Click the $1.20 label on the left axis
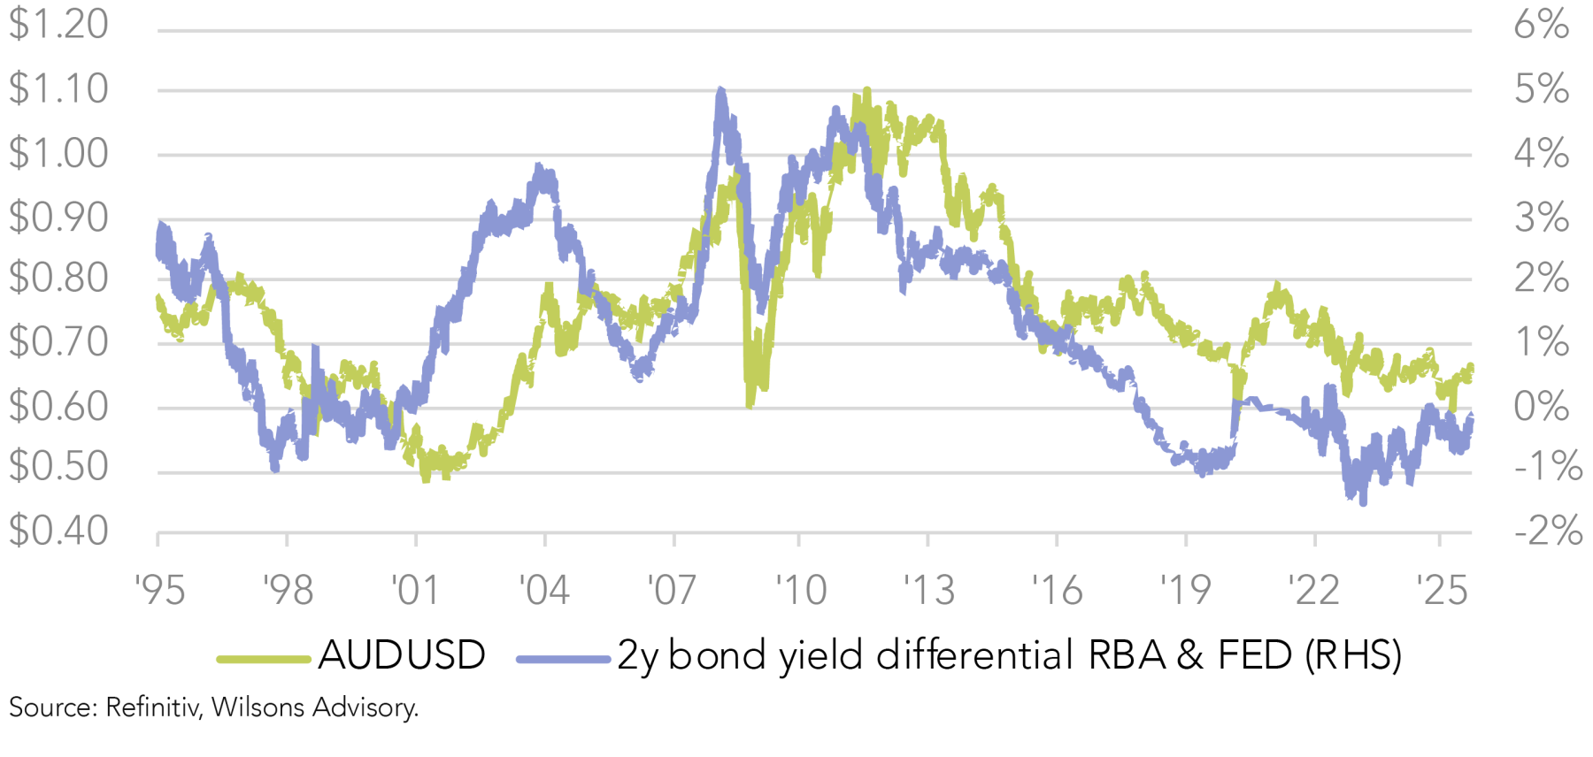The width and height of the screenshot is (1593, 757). click(x=58, y=24)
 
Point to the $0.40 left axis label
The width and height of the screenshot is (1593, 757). click(x=58, y=531)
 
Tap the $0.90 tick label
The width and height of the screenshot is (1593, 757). click(x=58, y=218)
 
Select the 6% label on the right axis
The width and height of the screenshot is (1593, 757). click(x=1541, y=24)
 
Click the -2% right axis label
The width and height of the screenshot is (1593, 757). click(x=1548, y=531)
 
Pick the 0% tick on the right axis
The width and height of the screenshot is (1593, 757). click(x=1541, y=407)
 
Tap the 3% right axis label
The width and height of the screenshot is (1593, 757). click(x=1541, y=218)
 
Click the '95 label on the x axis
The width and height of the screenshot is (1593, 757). click(x=160, y=590)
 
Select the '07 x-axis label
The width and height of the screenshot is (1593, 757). click(x=673, y=590)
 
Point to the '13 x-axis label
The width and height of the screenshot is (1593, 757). click(x=928, y=590)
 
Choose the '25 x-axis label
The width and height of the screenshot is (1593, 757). click(x=1442, y=590)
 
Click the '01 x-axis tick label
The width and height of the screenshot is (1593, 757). click(x=416, y=590)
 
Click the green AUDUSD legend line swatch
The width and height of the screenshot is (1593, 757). click(x=263, y=659)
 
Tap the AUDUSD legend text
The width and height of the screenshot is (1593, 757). click(x=402, y=656)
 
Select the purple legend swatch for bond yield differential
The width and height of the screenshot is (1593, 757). click(x=563, y=659)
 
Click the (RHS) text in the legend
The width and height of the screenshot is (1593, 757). click(x=1353, y=656)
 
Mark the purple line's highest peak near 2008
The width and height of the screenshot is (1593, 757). click(x=720, y=89)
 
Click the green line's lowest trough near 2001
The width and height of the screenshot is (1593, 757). click(x=427, y=478)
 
